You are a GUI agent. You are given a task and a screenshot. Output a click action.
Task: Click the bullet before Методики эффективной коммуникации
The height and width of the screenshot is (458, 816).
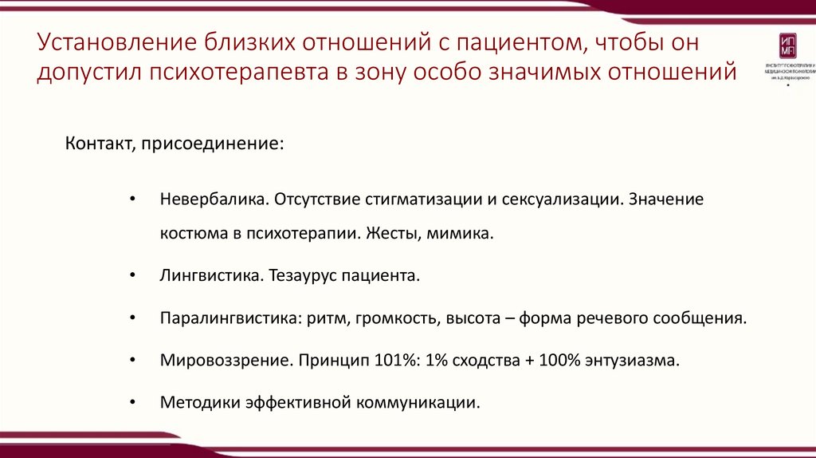coord(132,401)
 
